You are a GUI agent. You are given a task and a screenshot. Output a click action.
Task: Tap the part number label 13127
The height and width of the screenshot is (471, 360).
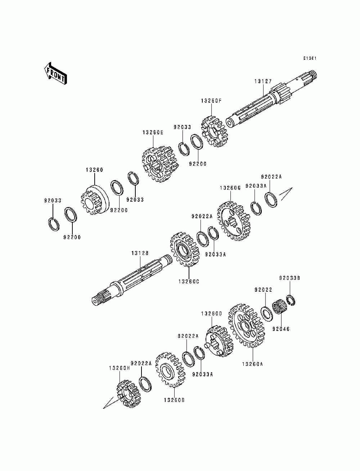pyautogui.click(x=263, y=81)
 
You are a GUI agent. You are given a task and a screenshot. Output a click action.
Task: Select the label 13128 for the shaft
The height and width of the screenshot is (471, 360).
pyautogui.click(x=140, y=254)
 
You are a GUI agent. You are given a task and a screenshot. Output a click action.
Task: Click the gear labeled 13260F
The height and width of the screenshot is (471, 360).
pyautogui.click(x=214, y=131)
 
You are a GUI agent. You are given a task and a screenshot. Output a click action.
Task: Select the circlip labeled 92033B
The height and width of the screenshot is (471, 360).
pyautogui.click(x=291, y=300)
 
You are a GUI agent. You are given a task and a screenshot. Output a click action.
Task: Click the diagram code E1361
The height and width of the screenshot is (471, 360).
pyautogui.click(x=309, y=58)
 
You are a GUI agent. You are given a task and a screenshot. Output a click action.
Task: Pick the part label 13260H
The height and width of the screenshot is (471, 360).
pyautogui.click(x=119, y=368)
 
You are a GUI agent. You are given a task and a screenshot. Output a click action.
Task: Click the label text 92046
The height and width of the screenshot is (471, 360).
pyautogui.click(x=281, y=329)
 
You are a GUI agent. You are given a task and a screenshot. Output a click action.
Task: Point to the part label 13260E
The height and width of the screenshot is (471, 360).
pyautogui.click(x=153, y=133)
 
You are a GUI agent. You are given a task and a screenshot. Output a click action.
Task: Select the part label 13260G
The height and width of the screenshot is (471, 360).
pyautogui.click(x=230, y=188)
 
